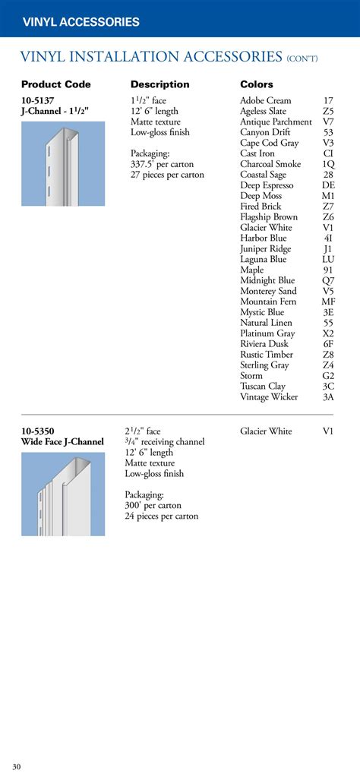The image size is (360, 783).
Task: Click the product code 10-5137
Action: [x=37, y=100]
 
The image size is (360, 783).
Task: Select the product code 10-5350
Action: [x=38, y=431]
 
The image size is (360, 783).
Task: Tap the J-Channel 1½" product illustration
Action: [x=63, y=163]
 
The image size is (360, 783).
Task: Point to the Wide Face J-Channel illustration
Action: [x=63, y=494]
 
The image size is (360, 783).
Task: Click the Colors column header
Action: [x=257, y=84]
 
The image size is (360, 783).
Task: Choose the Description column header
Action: [x=159, y=84]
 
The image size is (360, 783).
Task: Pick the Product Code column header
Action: [x=55, y=84]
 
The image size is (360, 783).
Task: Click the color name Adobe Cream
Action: [x=265, y=100]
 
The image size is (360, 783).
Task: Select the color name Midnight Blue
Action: [x=267, y=280]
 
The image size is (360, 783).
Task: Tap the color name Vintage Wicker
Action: [x=269, y=397]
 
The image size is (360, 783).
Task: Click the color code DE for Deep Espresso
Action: [x=328, y=185]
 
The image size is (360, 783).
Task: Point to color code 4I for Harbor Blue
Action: [x=328, y=238]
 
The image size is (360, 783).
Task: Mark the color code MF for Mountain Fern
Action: [x=328, y=302]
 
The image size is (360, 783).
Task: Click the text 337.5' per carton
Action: [x=162, y=164]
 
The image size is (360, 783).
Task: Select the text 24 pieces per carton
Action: [x=162, y=516]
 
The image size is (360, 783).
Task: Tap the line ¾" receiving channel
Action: [x=165, y=442]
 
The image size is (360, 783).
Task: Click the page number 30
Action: [x=16, y=766]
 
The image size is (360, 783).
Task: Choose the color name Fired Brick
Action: [x=261, y=207]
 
